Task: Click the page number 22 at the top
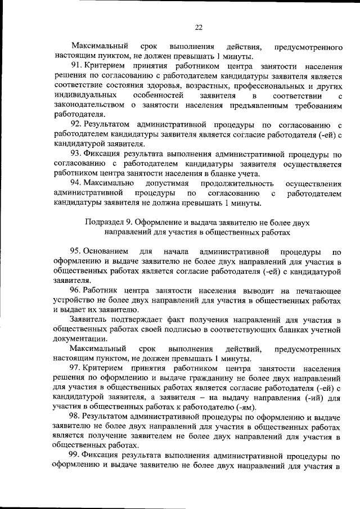click(x=199, y=26)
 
